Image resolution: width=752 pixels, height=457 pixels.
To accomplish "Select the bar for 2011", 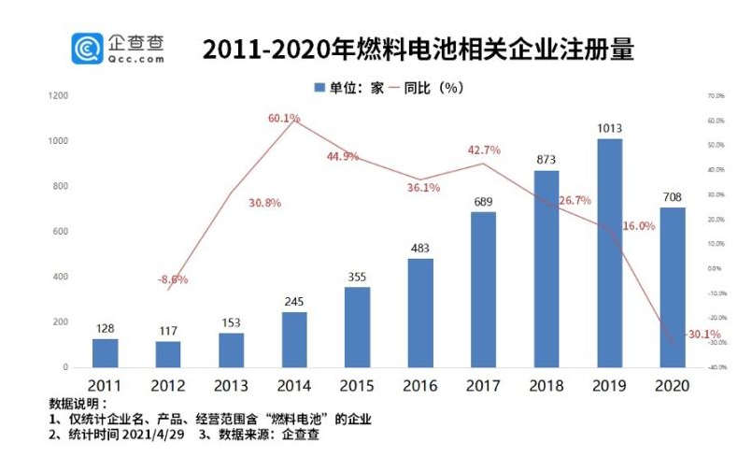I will tap(105, 352).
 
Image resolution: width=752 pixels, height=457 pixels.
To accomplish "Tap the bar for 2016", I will tap(420, 312).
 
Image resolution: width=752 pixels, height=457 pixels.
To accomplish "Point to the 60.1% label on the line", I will tap(283, 119).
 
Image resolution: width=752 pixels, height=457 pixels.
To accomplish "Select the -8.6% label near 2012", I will tap(172, 278).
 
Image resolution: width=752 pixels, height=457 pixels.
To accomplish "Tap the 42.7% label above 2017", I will tap(484, 150).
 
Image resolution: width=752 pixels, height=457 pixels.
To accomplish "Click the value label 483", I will tap(420, 249).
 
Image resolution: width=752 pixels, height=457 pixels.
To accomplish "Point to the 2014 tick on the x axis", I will tap(294, 385).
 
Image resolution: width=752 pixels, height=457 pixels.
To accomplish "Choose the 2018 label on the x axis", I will tap(546, 385).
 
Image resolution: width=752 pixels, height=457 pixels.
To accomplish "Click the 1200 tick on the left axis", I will tap(58, 96).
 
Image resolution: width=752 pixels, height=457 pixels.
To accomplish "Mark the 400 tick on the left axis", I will tap(61, 277).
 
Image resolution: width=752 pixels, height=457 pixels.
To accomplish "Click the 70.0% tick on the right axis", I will tap(717, 96).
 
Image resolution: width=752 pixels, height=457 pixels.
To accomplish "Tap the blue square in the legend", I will tap(318, 87).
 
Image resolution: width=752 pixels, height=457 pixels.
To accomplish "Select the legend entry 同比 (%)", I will tap(434, 87).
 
